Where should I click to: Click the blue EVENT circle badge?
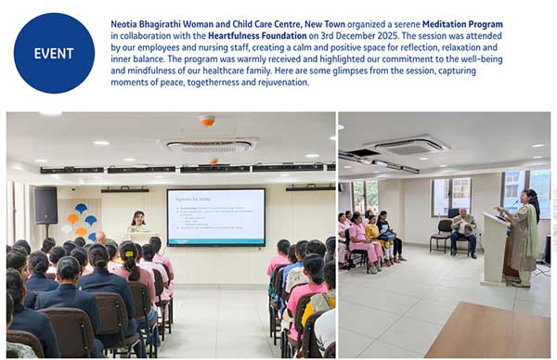click(x=54, y=53)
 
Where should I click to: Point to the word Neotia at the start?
click(x=125, y=24)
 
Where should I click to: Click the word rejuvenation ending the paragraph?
click(x=280, y=83)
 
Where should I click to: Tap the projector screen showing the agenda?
click(x=215, y=217)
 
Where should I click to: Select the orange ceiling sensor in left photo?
click(x=207, y=121)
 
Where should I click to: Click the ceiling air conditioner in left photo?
click(x=208, y=145)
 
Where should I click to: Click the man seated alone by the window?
click(x=462, y=231)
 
